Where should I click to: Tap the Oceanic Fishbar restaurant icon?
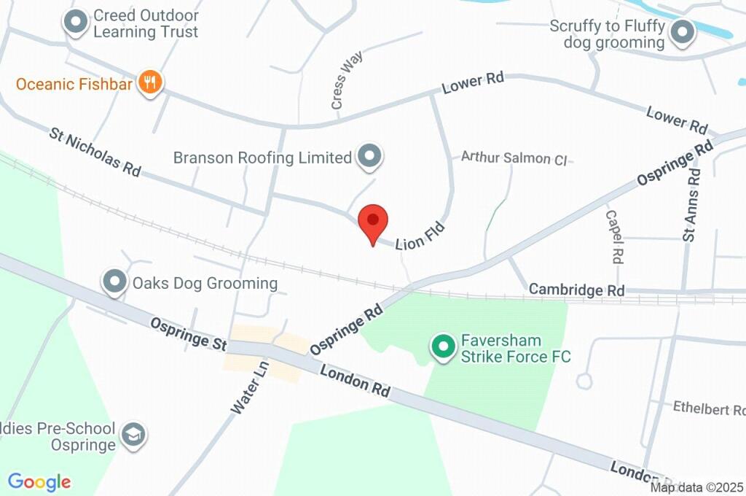(151, 83)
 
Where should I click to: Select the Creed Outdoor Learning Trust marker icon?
(75, 23)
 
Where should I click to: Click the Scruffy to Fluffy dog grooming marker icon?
(683, 34)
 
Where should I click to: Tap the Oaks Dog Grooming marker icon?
(114, 282)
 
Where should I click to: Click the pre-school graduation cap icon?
(133, 435)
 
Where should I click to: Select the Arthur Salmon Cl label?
(514, 157)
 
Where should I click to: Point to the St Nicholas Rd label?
(95, 152)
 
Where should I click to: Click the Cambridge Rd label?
(576, 290)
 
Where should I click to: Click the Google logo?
(39, 481)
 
